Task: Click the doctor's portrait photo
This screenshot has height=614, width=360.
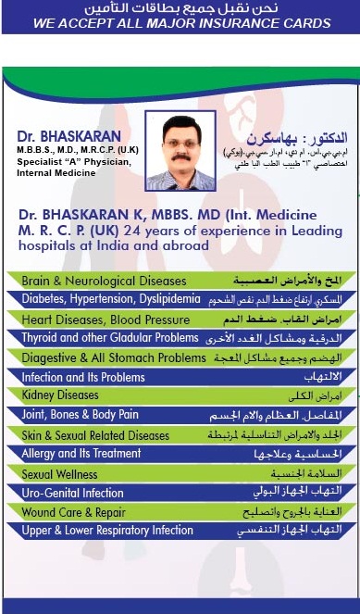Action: coord(180,151)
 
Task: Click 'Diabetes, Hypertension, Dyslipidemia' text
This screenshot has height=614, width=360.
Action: coord(111,299)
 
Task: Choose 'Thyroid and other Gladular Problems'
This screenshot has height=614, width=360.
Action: coord(110,338)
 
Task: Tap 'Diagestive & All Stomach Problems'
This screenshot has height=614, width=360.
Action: coord(114,357)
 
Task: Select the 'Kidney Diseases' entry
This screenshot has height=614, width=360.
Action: coord(60,395)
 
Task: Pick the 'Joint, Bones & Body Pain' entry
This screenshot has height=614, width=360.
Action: coord(80,415)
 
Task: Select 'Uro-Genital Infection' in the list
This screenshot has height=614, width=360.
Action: coord(72,493)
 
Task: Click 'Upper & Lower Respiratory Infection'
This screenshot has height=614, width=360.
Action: coord(107,531)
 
